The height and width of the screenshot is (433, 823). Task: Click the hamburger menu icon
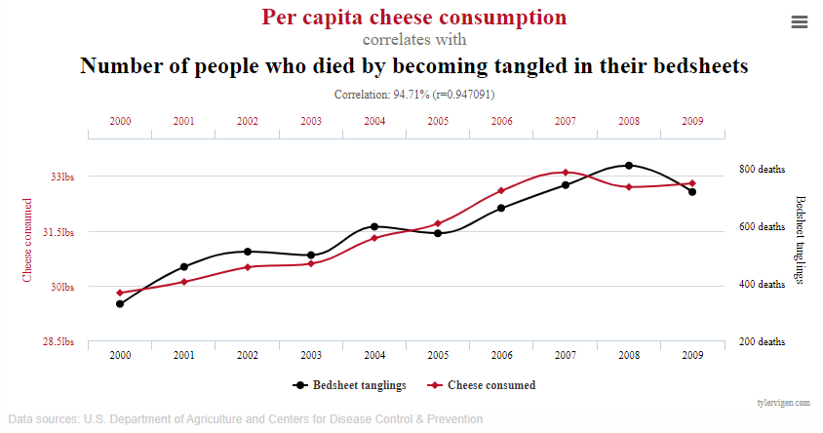point(800,22)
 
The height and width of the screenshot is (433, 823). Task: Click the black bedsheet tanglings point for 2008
point(629,166)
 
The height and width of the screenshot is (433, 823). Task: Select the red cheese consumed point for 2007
point(566,173)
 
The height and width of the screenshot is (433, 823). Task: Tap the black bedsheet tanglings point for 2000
point(120,304)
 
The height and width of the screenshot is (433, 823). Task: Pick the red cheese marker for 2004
point(374,238)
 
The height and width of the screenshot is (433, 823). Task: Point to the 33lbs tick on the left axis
point(62,177)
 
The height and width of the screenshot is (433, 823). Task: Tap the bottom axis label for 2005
point(438,355)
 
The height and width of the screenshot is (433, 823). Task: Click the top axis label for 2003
point(311,122)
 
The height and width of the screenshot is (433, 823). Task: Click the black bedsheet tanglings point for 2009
point(692,192)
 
